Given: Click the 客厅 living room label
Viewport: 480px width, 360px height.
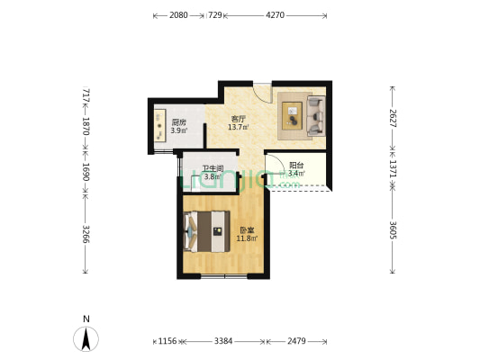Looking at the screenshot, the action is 238,119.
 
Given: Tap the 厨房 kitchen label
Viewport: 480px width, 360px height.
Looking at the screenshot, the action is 179,122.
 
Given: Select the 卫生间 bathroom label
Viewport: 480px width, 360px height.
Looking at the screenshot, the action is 213,168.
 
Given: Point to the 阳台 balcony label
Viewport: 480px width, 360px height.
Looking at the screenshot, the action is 296,166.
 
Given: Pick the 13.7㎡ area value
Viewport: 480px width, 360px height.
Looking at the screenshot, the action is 238,127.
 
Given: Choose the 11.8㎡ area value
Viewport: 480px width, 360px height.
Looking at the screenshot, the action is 247,238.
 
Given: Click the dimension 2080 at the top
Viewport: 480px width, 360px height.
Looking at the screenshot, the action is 178,15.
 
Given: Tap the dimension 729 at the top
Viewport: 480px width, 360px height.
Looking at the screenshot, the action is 215,15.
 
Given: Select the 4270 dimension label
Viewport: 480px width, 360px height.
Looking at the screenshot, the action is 275,15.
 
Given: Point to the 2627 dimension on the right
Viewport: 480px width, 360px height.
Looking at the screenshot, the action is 393,118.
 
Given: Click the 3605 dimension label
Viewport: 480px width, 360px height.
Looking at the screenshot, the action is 393,230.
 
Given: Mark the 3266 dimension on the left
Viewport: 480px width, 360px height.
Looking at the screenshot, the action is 86,234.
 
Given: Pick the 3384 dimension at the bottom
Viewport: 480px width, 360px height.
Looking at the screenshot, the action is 223,341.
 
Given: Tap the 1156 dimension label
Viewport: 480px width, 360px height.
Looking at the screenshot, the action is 168,341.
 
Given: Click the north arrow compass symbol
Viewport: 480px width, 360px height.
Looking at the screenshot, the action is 86,338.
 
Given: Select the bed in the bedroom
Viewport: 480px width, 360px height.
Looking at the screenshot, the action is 206,231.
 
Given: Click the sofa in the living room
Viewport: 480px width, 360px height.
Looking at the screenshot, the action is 316,115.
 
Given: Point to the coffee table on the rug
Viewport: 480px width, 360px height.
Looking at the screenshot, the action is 292,115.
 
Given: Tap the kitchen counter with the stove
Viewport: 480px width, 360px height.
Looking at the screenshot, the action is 159,125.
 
